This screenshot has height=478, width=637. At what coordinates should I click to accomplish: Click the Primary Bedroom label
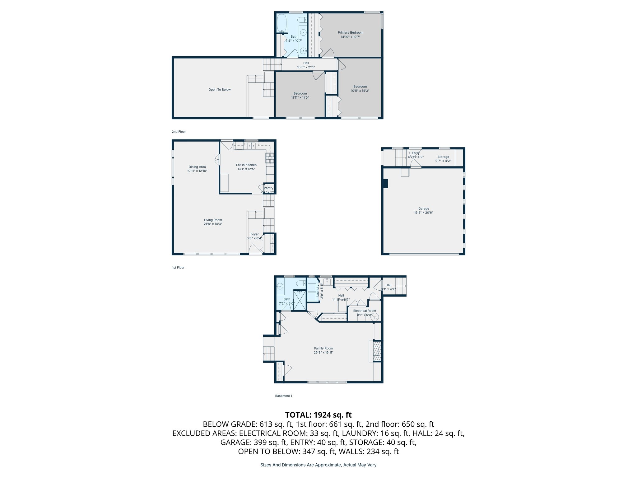pyautogui.click(x=350, y=32)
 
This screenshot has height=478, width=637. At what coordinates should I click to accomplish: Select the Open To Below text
pyautogui.click(x=219, y=90)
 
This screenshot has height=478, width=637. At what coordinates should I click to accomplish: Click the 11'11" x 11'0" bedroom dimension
pyautogui.click(x=300, y=98)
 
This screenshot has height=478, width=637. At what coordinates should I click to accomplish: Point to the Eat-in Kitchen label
pyautogui.click(x=246, y=165)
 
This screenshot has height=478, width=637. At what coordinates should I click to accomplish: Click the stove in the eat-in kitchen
pyautogui.click(x=270, y=158)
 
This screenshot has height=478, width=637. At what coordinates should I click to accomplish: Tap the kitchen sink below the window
pyautogui.click(x=251, y=145)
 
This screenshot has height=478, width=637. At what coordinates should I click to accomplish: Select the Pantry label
pyautogui.click(x=268, y=188)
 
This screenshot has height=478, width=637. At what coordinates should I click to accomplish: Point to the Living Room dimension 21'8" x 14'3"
pyautogui.click(x=213, y=224)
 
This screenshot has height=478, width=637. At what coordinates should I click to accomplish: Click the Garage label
pyautogui.click(x=423, y=209)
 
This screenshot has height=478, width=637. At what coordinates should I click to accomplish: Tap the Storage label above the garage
pyautogui.click(x=443, y=157)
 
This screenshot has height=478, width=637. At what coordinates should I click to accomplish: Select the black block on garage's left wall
pyautogui.click(x=385, y=184)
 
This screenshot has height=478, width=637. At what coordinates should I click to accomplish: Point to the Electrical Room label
pyautogui.click(x=364, y=311)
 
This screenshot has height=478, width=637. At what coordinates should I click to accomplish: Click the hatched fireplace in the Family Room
pyautogui.click(x=377, y=351)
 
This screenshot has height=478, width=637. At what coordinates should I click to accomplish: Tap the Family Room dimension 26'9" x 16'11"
pyautogui.click(x=323, y=353)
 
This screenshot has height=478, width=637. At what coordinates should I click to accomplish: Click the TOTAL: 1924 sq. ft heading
pyautogui.click(x=318, y=415)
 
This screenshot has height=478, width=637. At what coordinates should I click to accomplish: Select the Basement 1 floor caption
pyautogui.click(x=283, y=396)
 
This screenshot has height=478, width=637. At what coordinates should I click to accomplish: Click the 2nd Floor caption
pyautogui.click(x=179, y=132)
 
